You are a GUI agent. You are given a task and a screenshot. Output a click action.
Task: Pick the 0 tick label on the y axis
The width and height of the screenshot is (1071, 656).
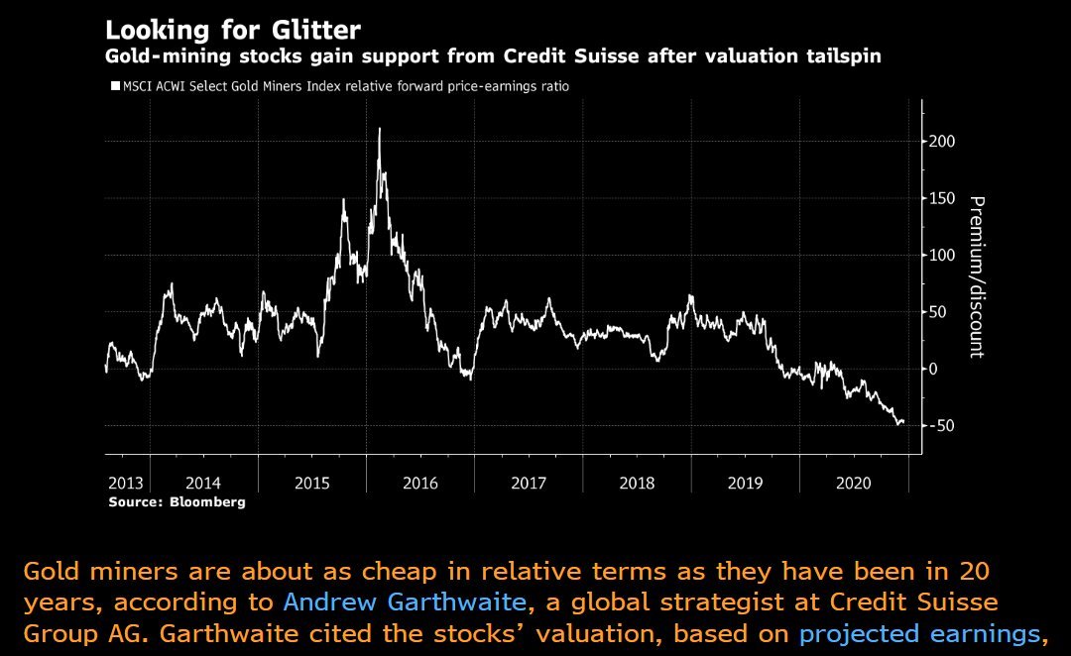coord(933,369)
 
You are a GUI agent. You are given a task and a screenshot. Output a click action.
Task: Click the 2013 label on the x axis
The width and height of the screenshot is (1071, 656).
coord(126,484)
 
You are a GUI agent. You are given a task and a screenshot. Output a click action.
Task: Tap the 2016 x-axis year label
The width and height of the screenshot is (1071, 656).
coord(419,484)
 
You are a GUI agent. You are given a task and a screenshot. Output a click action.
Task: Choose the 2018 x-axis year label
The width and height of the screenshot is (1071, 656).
coord(637,484)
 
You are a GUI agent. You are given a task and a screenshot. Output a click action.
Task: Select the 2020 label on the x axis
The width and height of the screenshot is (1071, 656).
coord(853,484)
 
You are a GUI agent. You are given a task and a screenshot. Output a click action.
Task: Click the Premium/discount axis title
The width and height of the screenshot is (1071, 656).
coord(977,275)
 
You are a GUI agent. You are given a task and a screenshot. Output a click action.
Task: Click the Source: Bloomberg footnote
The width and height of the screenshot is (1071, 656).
coord(177,502)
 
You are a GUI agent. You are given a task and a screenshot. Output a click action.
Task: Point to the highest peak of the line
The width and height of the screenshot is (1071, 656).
coord(379,130)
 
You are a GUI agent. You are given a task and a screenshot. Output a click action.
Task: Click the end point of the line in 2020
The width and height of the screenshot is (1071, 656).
coord(903,421)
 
